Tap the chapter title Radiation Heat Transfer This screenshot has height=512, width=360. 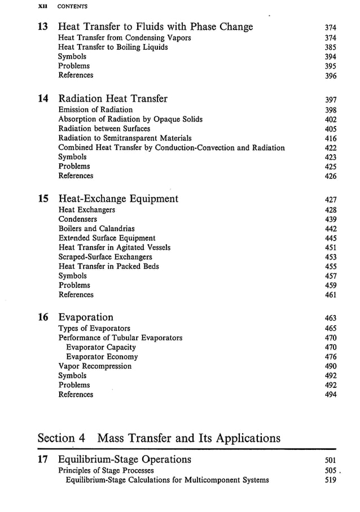coord(113,99)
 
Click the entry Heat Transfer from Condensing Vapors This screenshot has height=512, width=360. coord(125,38)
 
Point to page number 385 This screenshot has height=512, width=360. coord(331,47)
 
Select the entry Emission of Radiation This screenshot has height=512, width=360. coord(95,110)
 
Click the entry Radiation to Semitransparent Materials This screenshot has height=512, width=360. coord(125,138)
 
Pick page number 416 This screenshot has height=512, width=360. coord(331,138)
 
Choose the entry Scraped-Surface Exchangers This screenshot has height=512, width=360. coord(105,257)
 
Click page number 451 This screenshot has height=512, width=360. coord(331,248)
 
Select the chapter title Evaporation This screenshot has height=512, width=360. coord(86,317)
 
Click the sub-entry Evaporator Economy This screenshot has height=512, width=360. coord(102,357)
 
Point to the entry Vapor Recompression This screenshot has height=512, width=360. coord(95,366)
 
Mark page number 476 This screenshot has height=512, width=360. coord(331,357)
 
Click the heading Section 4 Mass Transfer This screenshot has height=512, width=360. coord(159,438)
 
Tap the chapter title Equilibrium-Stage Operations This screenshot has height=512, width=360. coord(125,460)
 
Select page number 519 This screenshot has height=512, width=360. coord(331,480)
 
